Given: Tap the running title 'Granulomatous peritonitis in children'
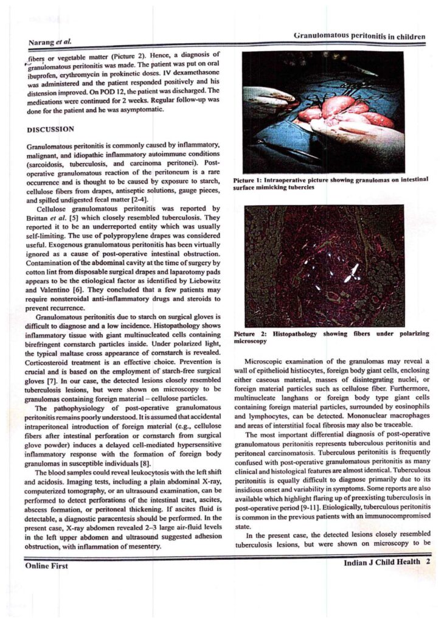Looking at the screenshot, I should click(x=359, y=37).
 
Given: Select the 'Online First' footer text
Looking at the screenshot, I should click(x=47, y=566).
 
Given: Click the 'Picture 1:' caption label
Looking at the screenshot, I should click(x=251, y=180).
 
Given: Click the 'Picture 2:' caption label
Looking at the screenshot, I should click(x=252, y=334).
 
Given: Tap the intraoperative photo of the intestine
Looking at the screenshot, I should click(x=323, y=113).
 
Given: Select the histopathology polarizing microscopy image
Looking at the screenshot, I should click(x=324, y=265).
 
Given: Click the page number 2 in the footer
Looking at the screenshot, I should click(x=428, y=562).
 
